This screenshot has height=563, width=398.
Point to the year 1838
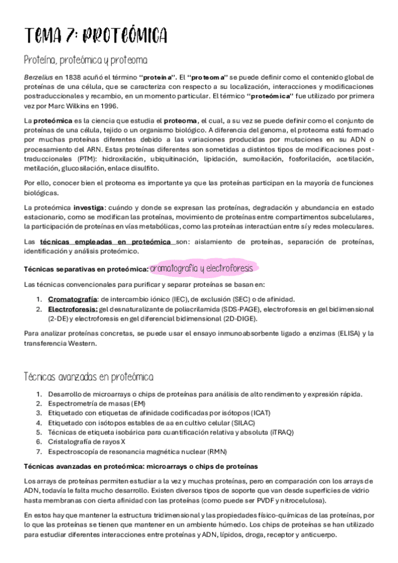click(x=70, y=78)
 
